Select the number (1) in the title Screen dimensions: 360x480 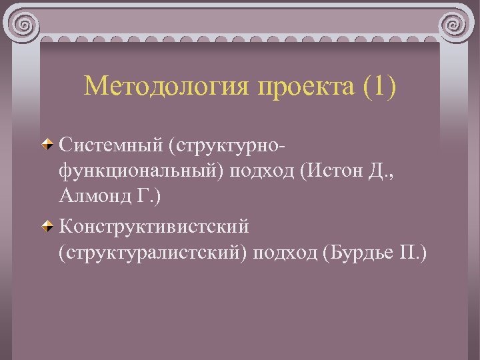[381, 85]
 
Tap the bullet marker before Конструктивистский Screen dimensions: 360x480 [48, 227]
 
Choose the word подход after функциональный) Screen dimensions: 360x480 [263, 171]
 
